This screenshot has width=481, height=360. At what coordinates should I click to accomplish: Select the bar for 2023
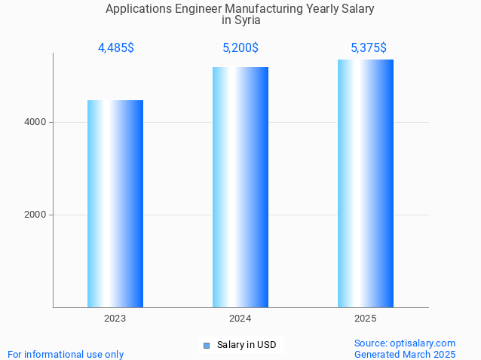115,203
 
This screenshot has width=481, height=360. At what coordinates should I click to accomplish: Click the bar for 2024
240,187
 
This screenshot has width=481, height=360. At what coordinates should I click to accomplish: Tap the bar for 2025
366,183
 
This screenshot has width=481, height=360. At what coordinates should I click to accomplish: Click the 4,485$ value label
116,47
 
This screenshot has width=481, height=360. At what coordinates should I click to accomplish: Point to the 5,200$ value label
240,47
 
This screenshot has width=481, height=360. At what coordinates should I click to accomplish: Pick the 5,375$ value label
369,47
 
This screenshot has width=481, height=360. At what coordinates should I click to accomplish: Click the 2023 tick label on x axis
115,319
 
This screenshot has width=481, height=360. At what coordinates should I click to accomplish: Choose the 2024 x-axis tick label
240,319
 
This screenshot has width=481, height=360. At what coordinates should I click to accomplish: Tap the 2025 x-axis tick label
366,319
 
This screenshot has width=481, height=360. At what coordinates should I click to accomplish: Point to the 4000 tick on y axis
35,122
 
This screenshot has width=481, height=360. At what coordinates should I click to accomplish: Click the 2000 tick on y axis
35,215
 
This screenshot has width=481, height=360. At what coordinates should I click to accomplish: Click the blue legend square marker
206,346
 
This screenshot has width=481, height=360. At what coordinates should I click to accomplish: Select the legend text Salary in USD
247,345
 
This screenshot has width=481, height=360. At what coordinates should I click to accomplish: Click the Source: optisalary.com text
405,343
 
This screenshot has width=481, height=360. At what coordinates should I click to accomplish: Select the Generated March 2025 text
405,354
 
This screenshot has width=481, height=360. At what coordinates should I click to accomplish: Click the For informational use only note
66,354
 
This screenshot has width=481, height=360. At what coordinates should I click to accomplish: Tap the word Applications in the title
136,9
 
